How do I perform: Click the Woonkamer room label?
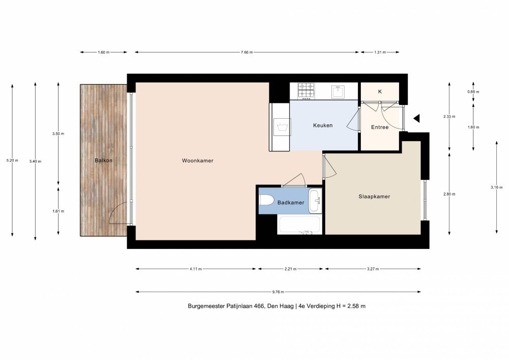point(197,161)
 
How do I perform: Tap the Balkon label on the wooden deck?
point(103,160)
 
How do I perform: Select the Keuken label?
point(323,125)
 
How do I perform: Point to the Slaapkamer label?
point(374,197)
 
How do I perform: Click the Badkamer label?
point(291,203)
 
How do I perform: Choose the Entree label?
point(380,127)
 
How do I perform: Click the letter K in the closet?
point(380,92)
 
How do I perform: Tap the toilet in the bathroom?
point(267,200)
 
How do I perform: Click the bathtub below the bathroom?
point(300,225)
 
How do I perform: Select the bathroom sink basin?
point(315,201)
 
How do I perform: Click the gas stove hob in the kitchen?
point(306,91)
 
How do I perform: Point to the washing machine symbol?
point(282,127)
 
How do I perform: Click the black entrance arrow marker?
point(416,119)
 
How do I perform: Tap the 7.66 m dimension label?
point(247,52)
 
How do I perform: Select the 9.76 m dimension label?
point(278,292)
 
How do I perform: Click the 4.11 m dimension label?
point(196,269)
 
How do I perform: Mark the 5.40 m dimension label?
point(36,161)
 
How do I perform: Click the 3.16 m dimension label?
point(497,187)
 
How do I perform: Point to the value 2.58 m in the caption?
point(357,306)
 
